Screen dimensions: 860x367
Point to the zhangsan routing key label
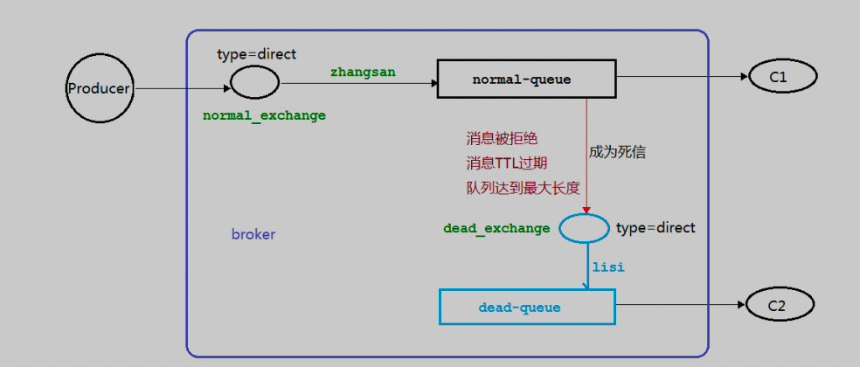(x=363, y=73)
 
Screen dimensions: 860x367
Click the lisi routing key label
(x=608, y=268)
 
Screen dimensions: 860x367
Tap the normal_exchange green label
(x=264, y=115)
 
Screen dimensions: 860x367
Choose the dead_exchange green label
(x=496, y=228)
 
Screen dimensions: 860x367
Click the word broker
(x=253, y=235)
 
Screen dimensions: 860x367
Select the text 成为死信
(x=618, y=152)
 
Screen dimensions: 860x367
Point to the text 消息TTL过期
(x=507, y=163)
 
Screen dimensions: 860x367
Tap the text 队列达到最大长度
(x=523, y=188)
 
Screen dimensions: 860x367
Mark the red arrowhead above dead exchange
(x=586, y=210)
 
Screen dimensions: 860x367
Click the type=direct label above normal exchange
(x=257, y=54)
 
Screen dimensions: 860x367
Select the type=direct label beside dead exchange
(x=656, y=228)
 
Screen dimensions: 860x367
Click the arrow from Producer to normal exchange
(x=183, y=88)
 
